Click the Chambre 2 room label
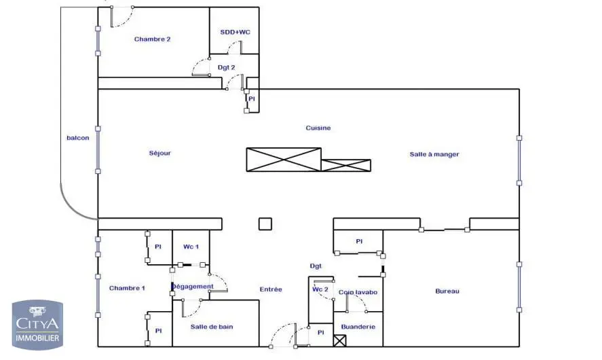152,39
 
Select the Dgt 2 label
227,67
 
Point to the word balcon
77,139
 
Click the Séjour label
160,154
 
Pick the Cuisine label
318,128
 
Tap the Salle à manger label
434,154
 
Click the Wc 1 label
191,246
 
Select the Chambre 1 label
127,289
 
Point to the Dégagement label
192,287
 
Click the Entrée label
271,289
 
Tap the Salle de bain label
212,327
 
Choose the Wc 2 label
320,289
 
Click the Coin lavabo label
358,292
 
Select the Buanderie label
357,326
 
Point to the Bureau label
447,291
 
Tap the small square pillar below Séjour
265,224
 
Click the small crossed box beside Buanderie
340,339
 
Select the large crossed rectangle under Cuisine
283,159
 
